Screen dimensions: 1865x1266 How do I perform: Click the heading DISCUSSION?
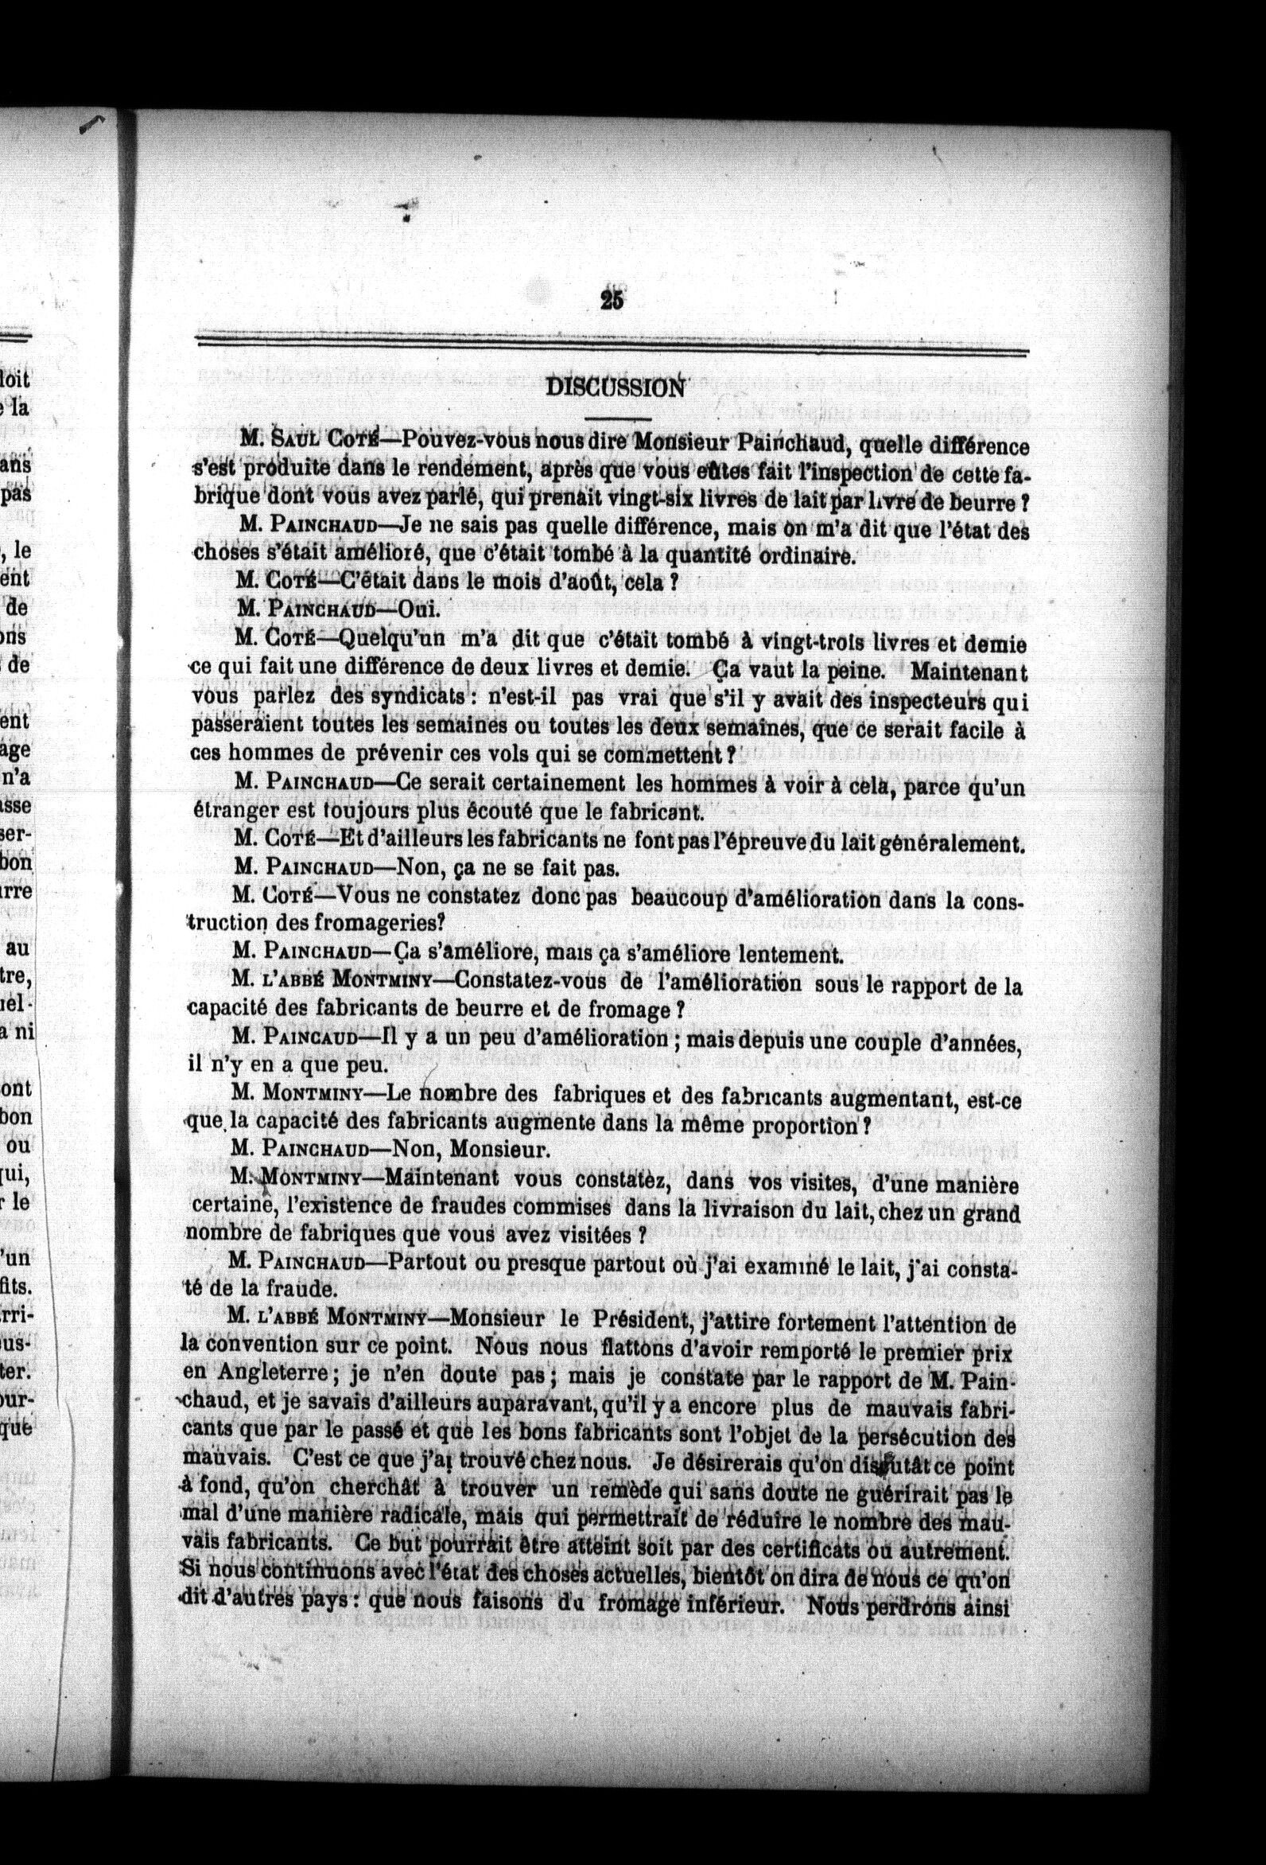(x=627, y=387)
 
